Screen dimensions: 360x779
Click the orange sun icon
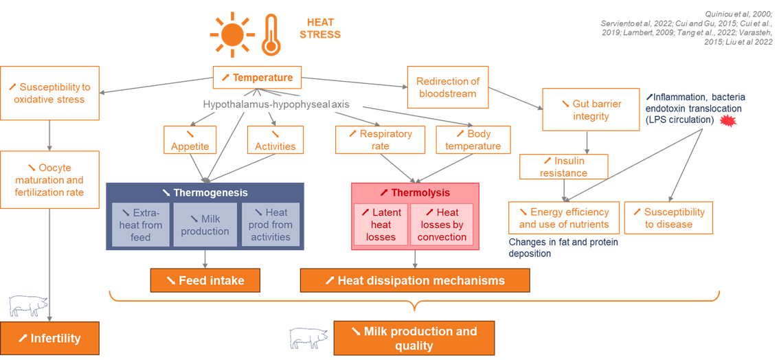point(232,34)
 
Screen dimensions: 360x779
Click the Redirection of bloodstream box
point(448,87)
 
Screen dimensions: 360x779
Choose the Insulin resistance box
point(563,167)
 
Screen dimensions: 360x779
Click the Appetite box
point(190,140)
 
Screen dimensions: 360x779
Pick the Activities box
point(275,140)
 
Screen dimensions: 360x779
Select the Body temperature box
point(473,140)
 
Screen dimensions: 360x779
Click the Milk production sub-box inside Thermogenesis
point(205,225)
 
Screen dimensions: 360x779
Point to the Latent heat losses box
point(381,225)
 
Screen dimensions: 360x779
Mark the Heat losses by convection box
point(442,225)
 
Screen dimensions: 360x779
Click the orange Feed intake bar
point(206,280)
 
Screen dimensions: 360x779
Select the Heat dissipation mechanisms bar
point(414,280)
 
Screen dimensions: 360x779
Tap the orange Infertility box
point(49,338)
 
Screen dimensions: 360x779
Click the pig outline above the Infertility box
point(29,305)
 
